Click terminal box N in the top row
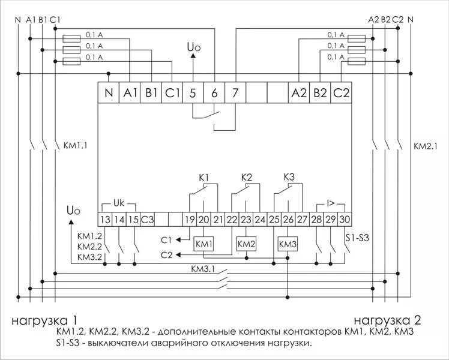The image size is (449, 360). coord(109,93)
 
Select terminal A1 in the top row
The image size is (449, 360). coord(131,93)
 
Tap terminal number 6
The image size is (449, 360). coord(214,93)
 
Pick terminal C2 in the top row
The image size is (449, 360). coord(341,93)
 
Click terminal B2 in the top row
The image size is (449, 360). coord(320,93)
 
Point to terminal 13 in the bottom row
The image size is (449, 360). coord(106,220)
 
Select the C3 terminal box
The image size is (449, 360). coord(148,220)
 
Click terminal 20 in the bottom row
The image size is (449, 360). coord(204,220)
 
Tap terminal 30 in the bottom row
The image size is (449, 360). coord(345,220)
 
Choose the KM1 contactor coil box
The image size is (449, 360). coord(204,244)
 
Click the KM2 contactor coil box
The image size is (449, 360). coord(246,244)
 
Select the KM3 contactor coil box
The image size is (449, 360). coord(288,244)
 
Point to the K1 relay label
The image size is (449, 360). coord(203,178)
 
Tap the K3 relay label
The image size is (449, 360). coord(288,178)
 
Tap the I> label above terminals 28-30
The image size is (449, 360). coord(331,203)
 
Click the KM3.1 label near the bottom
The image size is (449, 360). coord(203,269)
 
